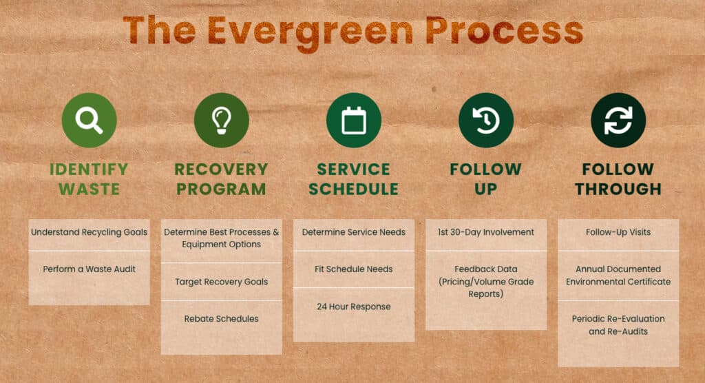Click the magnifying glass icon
pyautogui.click(x=89, y=120)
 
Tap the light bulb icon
pyautogui.click(x=221, y=120)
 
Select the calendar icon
pyautogui.click(x=353, y=120)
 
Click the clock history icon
pyautogui.click(x=485, y=120)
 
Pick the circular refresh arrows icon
pyautogui.click(x=618, y=120)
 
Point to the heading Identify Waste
pyautogui.click(x=89, y=178)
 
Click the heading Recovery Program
pyautogui.click(x=221, y=178)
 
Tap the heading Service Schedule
pyautogui.click(x=353, y=178)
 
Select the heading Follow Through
pyautogui.click(x=618, y=178)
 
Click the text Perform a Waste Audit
pyautogui.click(x=89, y=269)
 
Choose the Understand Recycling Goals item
pyautogui.click(x=89, y=232)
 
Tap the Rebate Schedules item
pyautogui.click(x=221, y=319)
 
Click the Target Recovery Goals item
pyautogui.click(x=221, y=282)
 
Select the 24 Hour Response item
pyautogui.click(x=353, y=307)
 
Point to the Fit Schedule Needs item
pyautogui.click(x=353, y=269)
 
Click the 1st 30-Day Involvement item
pyautogui.click(x=485, y=232)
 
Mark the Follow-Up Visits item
pyautogui.click(x=618, y=232)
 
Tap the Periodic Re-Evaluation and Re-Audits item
pyautogui.click(x=618, y=325)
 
